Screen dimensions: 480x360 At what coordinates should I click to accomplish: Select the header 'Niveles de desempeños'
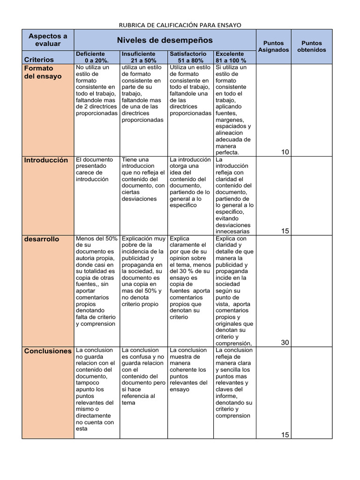pos(165,40)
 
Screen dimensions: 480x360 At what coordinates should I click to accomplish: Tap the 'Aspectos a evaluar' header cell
pos(48,39)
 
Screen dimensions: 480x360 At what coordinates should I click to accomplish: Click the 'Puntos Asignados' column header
pos(273,46)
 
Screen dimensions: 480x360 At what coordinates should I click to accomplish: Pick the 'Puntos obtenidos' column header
pos(312,46)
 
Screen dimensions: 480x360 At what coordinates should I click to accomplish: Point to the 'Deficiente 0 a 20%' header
pos(97,57)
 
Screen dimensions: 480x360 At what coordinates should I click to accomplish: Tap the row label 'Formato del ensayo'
pos(43,72)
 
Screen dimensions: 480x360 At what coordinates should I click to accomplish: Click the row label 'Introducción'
pos(46,160)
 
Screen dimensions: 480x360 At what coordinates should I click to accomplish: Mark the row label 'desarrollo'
pos(42,239)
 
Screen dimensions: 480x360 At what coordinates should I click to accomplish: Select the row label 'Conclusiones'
pos(48,351)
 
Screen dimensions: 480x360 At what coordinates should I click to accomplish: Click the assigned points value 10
pos(285,151)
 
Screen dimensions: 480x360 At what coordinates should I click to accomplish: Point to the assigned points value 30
pos(285,342)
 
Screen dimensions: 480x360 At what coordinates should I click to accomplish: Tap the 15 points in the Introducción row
pos(285,231)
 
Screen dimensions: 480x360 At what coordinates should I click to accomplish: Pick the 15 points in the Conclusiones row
pos(285,435)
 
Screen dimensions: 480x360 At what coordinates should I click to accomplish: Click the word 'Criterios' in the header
pos(39,60)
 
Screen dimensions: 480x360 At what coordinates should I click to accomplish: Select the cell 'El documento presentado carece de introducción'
pos(96,169)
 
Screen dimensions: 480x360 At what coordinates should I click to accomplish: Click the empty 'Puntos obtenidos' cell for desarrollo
pos(312,291)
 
